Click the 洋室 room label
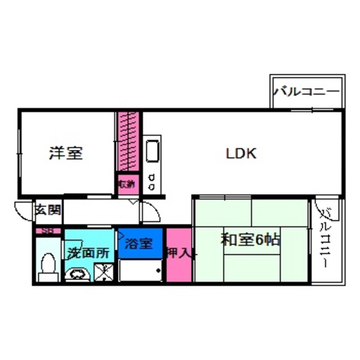coord(66,153)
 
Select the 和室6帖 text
coord(250,240)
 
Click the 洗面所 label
coord(88,253)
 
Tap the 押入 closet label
coord(179,254)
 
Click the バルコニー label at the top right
coord(307,91)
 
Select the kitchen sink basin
coord(152,151)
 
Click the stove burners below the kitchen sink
coord(152,181)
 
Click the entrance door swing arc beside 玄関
coord(24,211)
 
